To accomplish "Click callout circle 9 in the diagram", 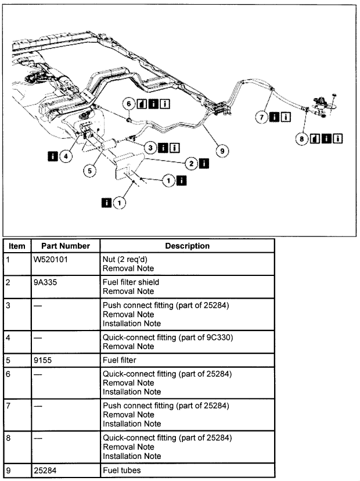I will click(221, 150).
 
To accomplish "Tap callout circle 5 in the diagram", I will click(89, 171).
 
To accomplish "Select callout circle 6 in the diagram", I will click(128, 104).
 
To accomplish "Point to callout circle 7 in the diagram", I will click(262, 117).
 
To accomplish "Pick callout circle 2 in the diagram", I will click(191, 163).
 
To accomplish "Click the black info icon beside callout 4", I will click(53, 156).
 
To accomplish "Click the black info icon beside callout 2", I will click(204, 163).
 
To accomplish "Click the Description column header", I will click(187, 246).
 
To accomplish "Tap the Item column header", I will click(17, 246).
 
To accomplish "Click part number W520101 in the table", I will click(52, 259).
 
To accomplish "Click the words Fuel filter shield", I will click(131, 282).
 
